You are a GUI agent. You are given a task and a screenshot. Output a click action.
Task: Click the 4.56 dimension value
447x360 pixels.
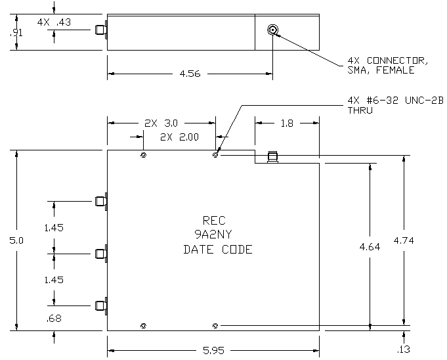(x=190, y=74)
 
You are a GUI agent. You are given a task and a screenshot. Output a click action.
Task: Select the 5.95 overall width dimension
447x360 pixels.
(x=213, y=350)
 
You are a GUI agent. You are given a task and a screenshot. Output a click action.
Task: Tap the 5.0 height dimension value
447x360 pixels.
(x=16, y=240)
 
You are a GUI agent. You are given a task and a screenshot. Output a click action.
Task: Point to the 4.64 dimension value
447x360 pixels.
(x=370, y=247)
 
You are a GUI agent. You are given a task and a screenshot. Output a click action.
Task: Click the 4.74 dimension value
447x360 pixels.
(x=404, y=240)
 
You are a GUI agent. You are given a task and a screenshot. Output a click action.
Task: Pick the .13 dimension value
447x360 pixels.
(x=404, y=349)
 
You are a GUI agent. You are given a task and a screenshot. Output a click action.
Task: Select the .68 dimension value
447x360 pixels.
(x=54, y=319)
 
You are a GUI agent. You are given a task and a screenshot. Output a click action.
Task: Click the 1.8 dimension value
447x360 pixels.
(x=287, y=124)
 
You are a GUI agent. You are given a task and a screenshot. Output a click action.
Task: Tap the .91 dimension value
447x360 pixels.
(x=16, y=33)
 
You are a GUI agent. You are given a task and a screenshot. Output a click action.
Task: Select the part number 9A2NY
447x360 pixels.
(x=213, y=235)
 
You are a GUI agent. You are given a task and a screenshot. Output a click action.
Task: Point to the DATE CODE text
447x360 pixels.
(x=218, y=250)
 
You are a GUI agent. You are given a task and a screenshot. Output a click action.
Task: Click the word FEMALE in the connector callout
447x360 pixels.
(x=395, y=70)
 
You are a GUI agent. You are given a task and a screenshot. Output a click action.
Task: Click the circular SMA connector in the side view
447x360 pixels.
(x=273, y=30)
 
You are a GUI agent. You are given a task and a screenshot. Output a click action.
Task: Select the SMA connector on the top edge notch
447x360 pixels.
(x=273, y=157)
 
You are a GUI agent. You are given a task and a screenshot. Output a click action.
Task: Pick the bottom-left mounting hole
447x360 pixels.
(x=144, y=326)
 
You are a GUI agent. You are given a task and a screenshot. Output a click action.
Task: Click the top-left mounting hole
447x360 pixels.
(x=144, y=155)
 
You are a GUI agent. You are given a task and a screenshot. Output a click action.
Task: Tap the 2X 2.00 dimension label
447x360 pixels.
(x=179, y=137)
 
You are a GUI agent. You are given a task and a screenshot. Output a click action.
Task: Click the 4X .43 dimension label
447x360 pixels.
(x=54, y=22)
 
